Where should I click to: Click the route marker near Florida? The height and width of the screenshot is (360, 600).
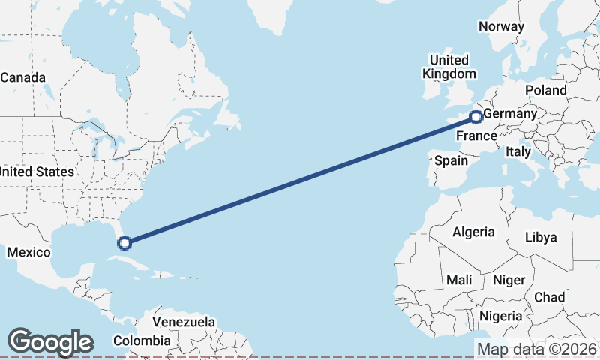pyautogui.click(x=124, y=242)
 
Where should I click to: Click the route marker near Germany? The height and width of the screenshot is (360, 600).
pyautogui.click(x=475, y=116)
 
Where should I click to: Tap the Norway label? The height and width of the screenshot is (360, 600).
pyautogui.click(x=501, y=26)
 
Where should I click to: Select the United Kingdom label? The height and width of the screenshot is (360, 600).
pyautogui.click(x=448, y=67)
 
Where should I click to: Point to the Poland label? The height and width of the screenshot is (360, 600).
pyautogui.click(x=546, y=90)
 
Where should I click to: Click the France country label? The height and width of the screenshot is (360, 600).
pyautogui.click(x=476, y=136)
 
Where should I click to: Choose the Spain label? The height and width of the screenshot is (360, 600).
pyautogui.click(x=451, y=160)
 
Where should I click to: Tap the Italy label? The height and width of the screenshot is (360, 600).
pyautogui.click(x=518, y=151)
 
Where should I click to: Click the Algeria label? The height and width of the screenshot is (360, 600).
pyautogui.click(x=473, y=232)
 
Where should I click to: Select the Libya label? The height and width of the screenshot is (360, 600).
pyautogui.click(x=541, y=237)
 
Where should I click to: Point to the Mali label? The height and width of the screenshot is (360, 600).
pyautogui.click(x=459, y=280)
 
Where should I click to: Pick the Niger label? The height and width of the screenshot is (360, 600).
pyautogui.click(x=508, y=280)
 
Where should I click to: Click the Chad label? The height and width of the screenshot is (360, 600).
pyautogui.click(x=549, y=297)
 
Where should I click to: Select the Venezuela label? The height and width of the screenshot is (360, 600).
pyautogui.click(x=184, y=322)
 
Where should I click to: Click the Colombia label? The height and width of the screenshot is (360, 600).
pyautogui.click(x=142, y=340)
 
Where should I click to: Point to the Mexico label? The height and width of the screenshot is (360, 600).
pyautogui.click(x=28, y=253)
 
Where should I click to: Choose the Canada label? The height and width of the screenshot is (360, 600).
pyautogui.click(x=22, y=77)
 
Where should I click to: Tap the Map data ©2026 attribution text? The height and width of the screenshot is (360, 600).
pyautogui.click(x=537, y=349)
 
